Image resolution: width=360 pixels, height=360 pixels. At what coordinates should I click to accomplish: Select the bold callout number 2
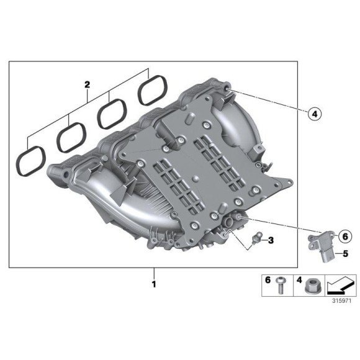point(88,83)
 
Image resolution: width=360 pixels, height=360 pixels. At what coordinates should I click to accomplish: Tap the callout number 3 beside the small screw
point(271,240)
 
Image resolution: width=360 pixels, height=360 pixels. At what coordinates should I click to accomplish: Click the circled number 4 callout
point(314,114)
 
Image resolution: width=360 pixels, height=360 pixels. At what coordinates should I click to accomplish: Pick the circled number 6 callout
point(345,235)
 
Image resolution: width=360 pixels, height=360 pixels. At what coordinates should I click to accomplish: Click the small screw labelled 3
point(256,239)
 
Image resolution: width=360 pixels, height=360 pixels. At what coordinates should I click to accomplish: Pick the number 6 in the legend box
point(268,281)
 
